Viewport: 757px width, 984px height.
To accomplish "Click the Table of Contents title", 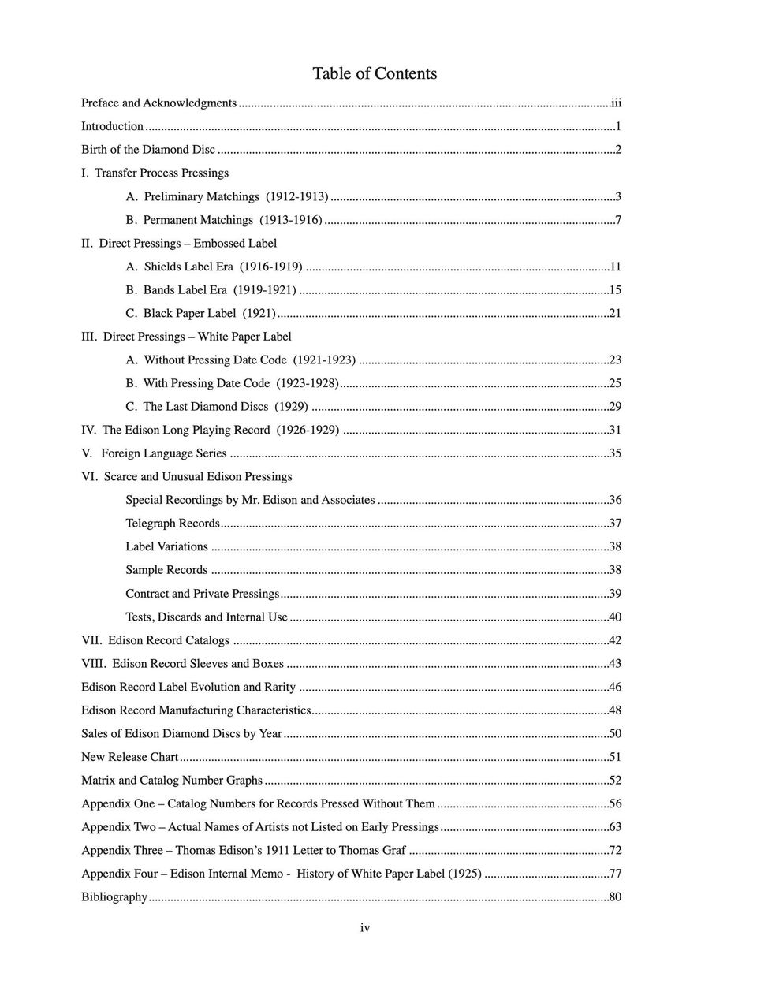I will pos(375,73).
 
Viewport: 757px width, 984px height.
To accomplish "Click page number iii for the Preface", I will pos(616,102).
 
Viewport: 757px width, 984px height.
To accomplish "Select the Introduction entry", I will pos(113,126).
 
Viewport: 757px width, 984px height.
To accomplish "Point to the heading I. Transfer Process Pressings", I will pos(155,173).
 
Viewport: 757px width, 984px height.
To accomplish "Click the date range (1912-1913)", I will pos(297,196).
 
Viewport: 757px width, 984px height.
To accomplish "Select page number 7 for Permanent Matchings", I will pos(618,220).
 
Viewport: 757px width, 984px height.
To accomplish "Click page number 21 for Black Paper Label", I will pos(615,313).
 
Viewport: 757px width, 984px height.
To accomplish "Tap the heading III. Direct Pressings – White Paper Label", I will pos(187,337).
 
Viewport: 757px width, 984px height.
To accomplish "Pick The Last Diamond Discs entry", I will pos(217,407).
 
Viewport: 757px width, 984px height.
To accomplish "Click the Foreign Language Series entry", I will pos(155,453).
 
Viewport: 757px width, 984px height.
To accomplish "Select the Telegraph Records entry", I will pos(173,524).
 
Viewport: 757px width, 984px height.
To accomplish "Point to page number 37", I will pos(615,524).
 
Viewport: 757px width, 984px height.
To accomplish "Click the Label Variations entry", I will pos(166,546).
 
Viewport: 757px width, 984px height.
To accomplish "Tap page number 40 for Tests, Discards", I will pos(615,617).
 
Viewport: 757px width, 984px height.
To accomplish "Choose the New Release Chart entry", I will pos(130,757).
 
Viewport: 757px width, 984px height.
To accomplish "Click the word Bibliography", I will pos(114,897).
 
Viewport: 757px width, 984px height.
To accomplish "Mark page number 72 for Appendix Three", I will pos(615,851).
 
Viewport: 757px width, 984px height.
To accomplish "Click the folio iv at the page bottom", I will pos(365,928).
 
